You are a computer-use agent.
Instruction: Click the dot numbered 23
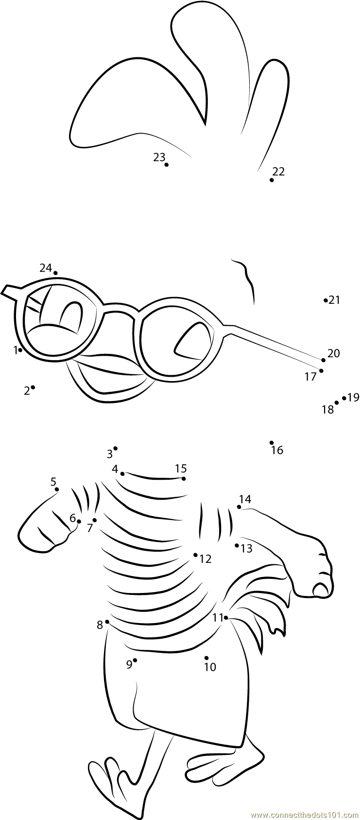tap(167, 165)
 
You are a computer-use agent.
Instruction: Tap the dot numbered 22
tap(272, 180)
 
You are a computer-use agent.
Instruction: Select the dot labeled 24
tap(55, 273)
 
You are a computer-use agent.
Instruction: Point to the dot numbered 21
tap(326, 300)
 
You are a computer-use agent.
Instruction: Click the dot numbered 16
tap(272, 442)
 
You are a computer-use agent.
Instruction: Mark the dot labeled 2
tap(33, 387)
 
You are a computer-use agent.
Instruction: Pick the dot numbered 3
tap(115, 448)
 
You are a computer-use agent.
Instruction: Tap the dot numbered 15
tap(184, 479)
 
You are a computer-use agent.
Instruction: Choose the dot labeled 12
tap(195, 555)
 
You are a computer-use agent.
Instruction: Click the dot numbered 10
tap(206, 658)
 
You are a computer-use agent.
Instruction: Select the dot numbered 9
tap(135, 660)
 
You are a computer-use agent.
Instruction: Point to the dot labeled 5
tap(57, 489)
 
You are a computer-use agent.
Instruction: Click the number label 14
tap(245, 499)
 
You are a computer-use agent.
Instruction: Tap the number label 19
tap(353, 398)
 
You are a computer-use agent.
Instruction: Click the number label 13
tap(247, 549)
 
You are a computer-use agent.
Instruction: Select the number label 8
tap(100, 625)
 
